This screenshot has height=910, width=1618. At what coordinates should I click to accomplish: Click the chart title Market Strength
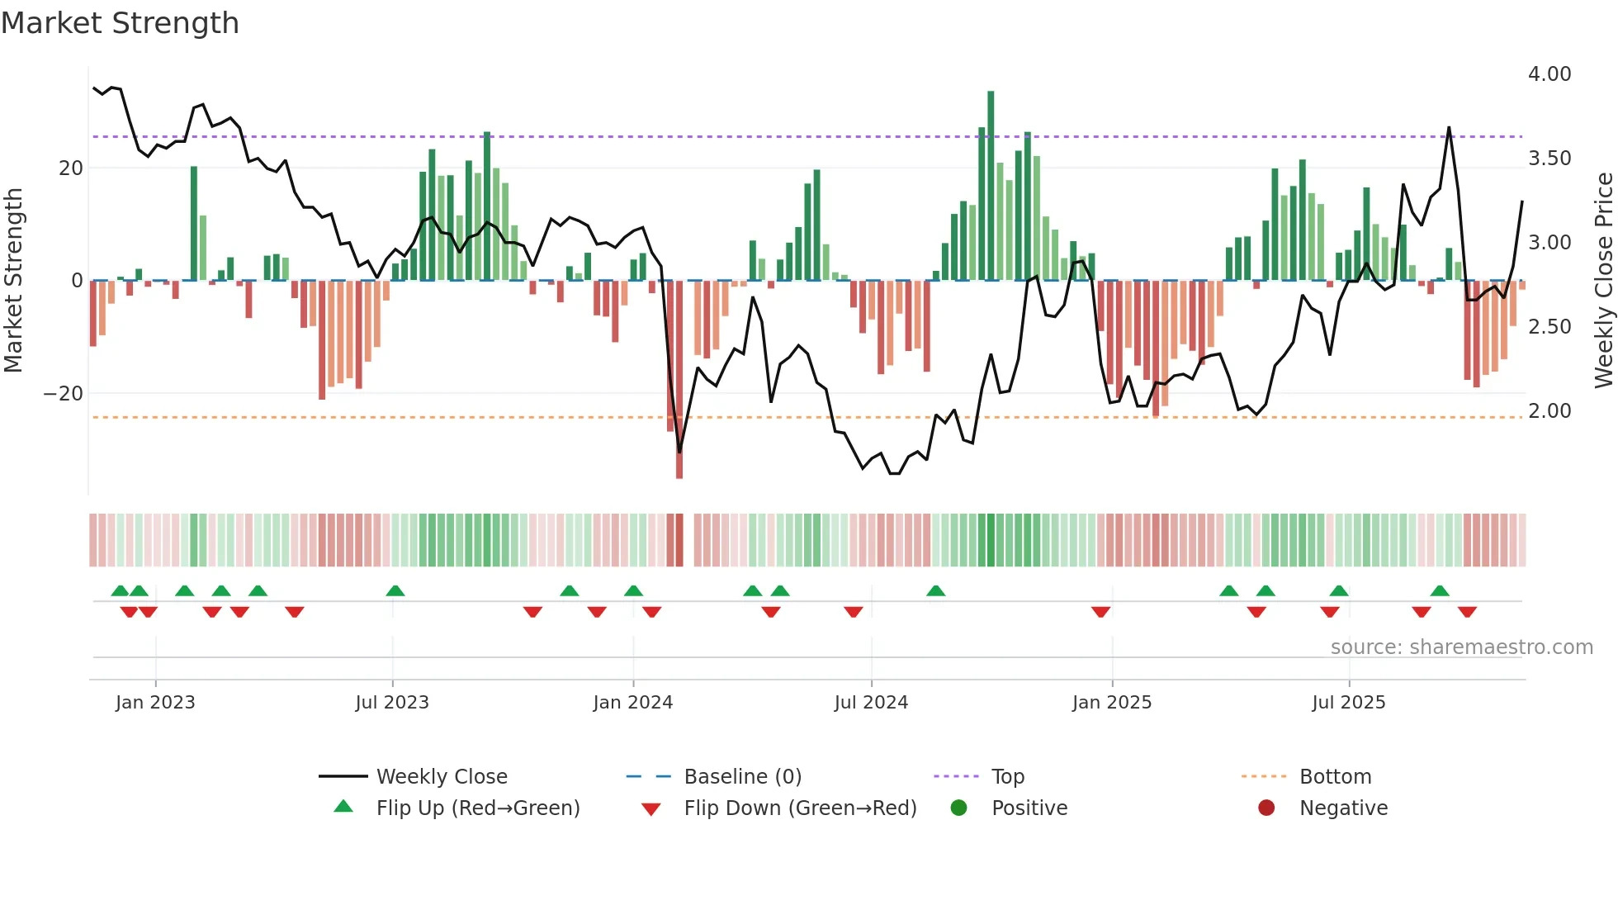120,23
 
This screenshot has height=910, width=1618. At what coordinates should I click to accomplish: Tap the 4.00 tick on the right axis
1549,74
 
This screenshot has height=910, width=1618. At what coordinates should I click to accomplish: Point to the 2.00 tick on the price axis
1549,411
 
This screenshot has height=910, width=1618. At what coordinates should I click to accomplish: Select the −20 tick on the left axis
64,394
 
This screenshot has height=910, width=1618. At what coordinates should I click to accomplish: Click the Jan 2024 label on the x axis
632,703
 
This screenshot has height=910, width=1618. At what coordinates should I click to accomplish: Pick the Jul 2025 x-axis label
1348,703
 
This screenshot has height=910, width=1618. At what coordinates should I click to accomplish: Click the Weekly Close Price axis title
1603,281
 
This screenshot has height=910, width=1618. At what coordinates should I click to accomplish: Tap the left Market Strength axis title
13,281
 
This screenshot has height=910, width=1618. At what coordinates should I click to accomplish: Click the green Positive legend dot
958,808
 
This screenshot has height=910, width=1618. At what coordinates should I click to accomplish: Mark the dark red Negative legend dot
1266,808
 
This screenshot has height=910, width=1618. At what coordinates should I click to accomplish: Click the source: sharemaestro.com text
1461,647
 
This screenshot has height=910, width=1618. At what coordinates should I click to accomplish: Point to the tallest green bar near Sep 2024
991,186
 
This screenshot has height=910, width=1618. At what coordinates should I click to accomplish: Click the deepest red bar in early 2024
679,380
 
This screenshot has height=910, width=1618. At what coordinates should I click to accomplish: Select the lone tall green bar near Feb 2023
194,223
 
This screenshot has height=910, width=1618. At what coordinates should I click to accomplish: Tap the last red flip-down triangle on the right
1467,612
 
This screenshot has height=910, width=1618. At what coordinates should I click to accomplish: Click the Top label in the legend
1007,777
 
